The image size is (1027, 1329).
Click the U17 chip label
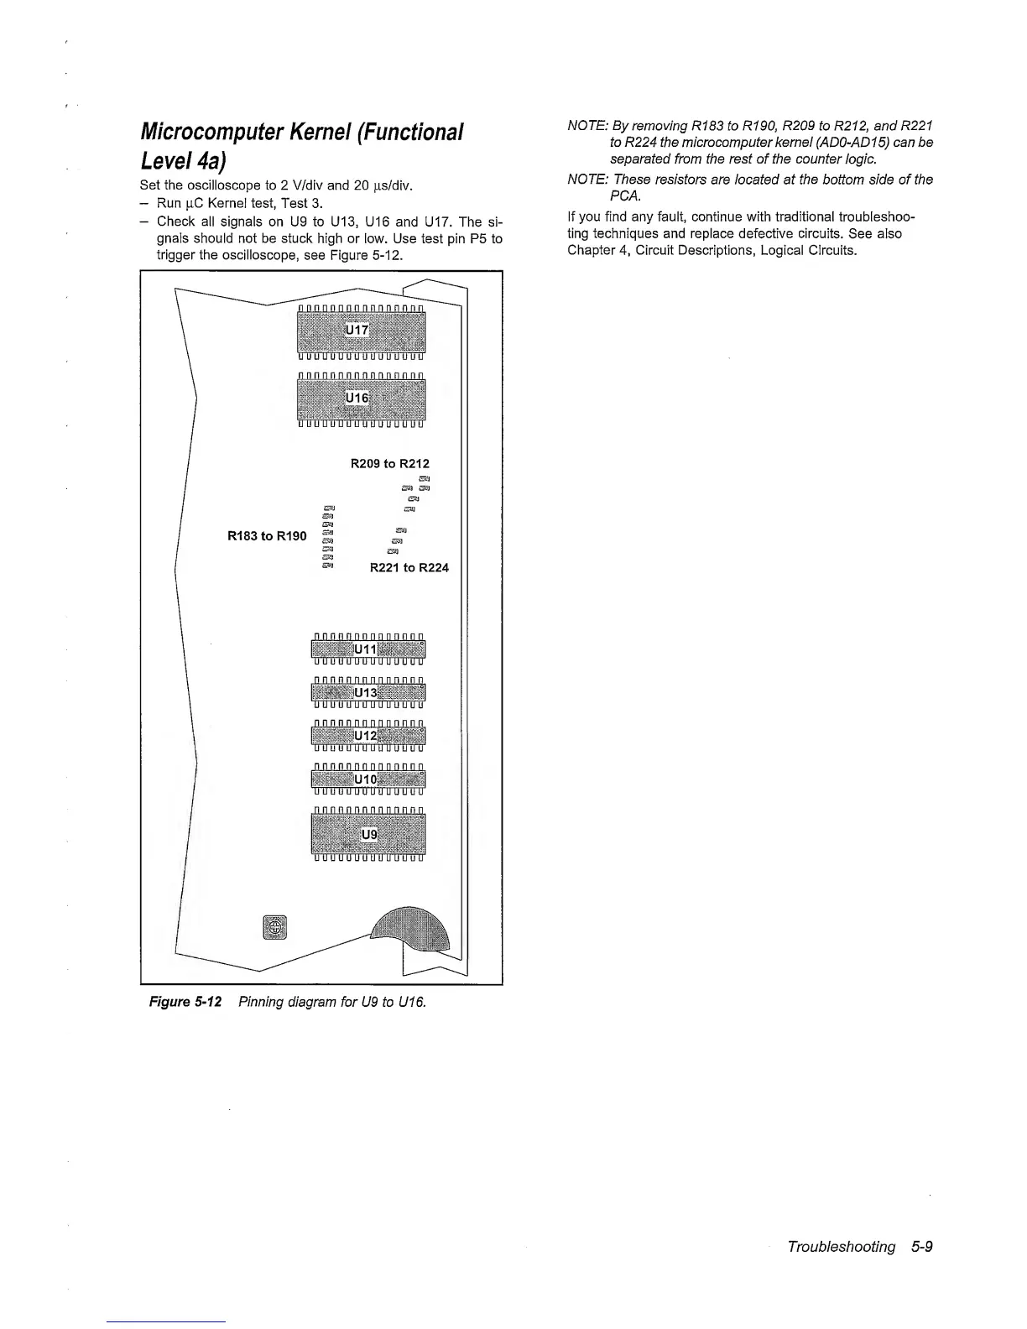pos(357,331)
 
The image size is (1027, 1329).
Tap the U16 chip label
pos(357,397)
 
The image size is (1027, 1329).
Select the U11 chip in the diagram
pos(368,649)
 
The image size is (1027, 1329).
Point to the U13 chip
pos(368,692)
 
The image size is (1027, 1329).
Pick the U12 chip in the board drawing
pos(368,735)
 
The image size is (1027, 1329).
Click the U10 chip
pos(368,779)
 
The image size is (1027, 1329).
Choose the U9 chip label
pos(369,834)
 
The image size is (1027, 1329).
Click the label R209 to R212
pos(389,463)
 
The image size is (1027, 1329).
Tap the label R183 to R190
pos(267,536)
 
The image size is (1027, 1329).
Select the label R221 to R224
pos(409,568)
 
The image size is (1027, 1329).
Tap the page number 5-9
pos(920,1247)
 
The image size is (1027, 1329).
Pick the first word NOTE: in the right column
pos(586,126)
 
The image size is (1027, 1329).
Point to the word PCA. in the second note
pos(625,195)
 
